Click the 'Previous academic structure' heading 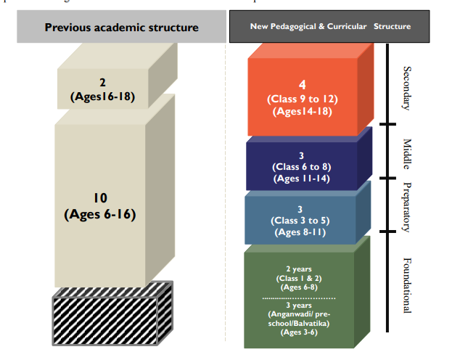[121, 28]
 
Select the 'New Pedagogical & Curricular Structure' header [330, 26]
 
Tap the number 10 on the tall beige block [100, 198]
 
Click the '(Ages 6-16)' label [100, 214]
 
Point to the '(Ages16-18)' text [102, 97]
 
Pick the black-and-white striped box [112, 314]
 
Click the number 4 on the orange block [302, 85]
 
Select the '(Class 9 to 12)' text [303, 99]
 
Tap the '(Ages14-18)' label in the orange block [302, 112]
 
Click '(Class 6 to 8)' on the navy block [302, 167]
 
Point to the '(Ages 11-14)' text [302, 179]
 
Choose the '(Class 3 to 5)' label [300, 221]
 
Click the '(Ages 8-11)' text [300, 232]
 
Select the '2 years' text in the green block [299, 269]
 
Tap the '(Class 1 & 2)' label [299, 278]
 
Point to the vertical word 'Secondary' [407, 88]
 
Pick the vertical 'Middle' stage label [407, 154]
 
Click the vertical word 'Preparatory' [407, 207]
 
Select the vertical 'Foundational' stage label [407, 285]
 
